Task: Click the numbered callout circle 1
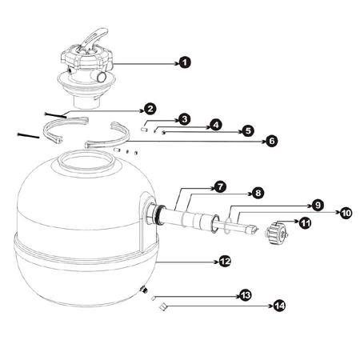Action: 185,62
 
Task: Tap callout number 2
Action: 150,109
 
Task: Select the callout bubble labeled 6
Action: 272,141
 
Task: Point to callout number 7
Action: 220,187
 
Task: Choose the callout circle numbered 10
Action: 346,213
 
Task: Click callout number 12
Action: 225,262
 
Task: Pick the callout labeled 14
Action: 279,306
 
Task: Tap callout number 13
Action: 246,295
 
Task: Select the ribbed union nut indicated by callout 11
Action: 277,234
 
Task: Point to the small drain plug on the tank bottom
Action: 144,290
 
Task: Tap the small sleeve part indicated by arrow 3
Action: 144,129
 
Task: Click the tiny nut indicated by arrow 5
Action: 163,133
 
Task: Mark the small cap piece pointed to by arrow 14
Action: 163,306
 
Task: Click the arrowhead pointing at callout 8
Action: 250,194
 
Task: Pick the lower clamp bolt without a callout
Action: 28,135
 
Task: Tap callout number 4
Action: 216,125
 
